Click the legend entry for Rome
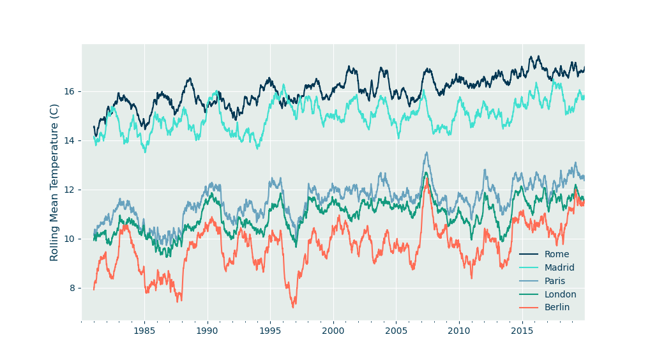pos(556,254)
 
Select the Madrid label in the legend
pos(559,267)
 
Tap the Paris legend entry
pos(554,281)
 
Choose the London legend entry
pos(560,294)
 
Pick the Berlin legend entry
pos(556,308)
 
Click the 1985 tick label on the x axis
pos(144,331)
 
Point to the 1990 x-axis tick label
pos(207,331)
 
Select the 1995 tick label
pos(270,331)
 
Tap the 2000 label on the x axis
pos(333,331)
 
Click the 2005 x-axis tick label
pos(396,331)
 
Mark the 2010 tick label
pos(458,331)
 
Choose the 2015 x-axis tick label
pos(522,331)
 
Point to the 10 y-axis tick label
pos(70,239)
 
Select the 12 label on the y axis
pos(70,190)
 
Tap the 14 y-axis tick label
pos(70,140)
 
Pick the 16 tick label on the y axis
pos(70,91)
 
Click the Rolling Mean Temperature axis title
pos(54,182)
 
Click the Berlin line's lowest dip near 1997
pos(293,308)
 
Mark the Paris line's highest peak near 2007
pos(427,153)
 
